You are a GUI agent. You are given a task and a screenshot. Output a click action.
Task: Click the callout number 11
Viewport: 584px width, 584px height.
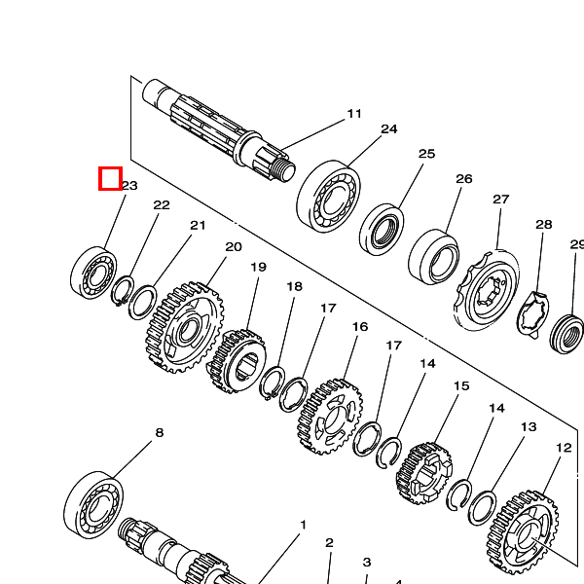coord(354,114)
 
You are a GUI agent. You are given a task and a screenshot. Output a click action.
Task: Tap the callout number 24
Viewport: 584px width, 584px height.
coord(388,129)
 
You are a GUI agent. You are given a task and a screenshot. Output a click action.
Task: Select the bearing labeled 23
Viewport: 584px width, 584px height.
coord(93,273)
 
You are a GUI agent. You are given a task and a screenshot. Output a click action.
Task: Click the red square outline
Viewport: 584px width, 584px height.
coord(110,178)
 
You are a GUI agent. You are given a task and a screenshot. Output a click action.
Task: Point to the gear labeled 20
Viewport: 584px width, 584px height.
coord(184,327)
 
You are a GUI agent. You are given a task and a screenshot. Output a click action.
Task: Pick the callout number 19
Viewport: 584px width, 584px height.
coord(259,267)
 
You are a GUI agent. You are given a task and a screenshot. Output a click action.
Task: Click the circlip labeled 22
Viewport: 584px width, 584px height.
coord(123,290)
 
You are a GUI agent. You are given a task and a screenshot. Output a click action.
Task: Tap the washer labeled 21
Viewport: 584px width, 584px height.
coord(143,302)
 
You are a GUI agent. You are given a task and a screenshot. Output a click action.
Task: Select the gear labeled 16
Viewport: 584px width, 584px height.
coord(330,417)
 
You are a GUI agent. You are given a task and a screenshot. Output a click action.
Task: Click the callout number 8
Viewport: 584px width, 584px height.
coord(159,433)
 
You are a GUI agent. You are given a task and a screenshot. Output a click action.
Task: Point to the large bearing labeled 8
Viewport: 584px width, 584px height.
coord(93,505)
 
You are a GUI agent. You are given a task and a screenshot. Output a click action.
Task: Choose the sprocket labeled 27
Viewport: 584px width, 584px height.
coord(487,290)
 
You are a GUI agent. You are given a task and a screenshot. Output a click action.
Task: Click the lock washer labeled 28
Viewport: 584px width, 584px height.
coord(533,314)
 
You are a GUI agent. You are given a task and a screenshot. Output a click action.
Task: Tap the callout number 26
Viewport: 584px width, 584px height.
coord(464,179)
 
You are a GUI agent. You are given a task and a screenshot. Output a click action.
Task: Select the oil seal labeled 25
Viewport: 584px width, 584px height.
coord(382,229)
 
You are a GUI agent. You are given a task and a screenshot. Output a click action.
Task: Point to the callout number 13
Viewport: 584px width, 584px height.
coord(529,427)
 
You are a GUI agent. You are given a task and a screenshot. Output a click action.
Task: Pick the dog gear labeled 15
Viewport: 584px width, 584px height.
coord(423,472)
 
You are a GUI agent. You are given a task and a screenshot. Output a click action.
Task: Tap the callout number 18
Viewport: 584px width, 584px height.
coord(294,286)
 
